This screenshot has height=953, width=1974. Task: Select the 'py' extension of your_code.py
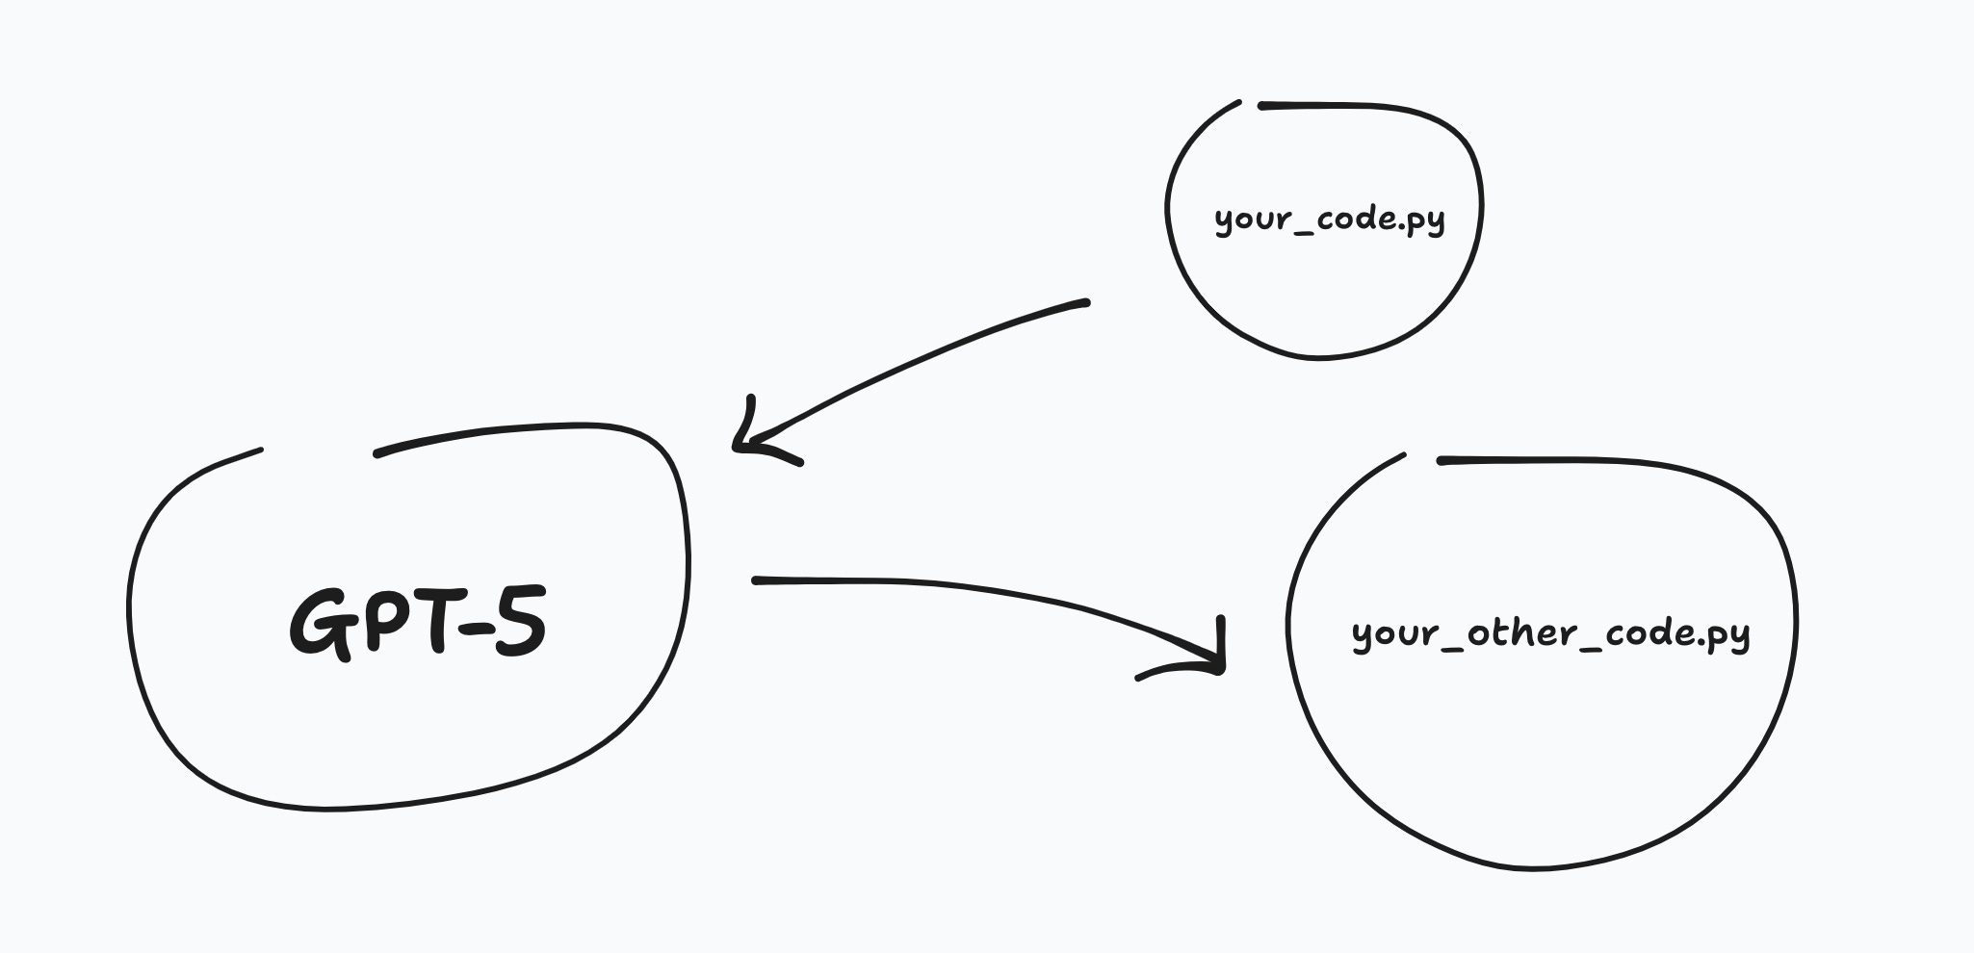pyautogui.click(x=1425, y=221)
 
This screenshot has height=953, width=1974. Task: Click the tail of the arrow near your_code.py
pyautogui.click(x=1084, y=302)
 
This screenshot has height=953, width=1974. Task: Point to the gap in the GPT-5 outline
pyautogui.click(x=318, y=451)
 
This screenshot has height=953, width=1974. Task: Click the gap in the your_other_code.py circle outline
pyautogui.click(x=1420, y=457)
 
